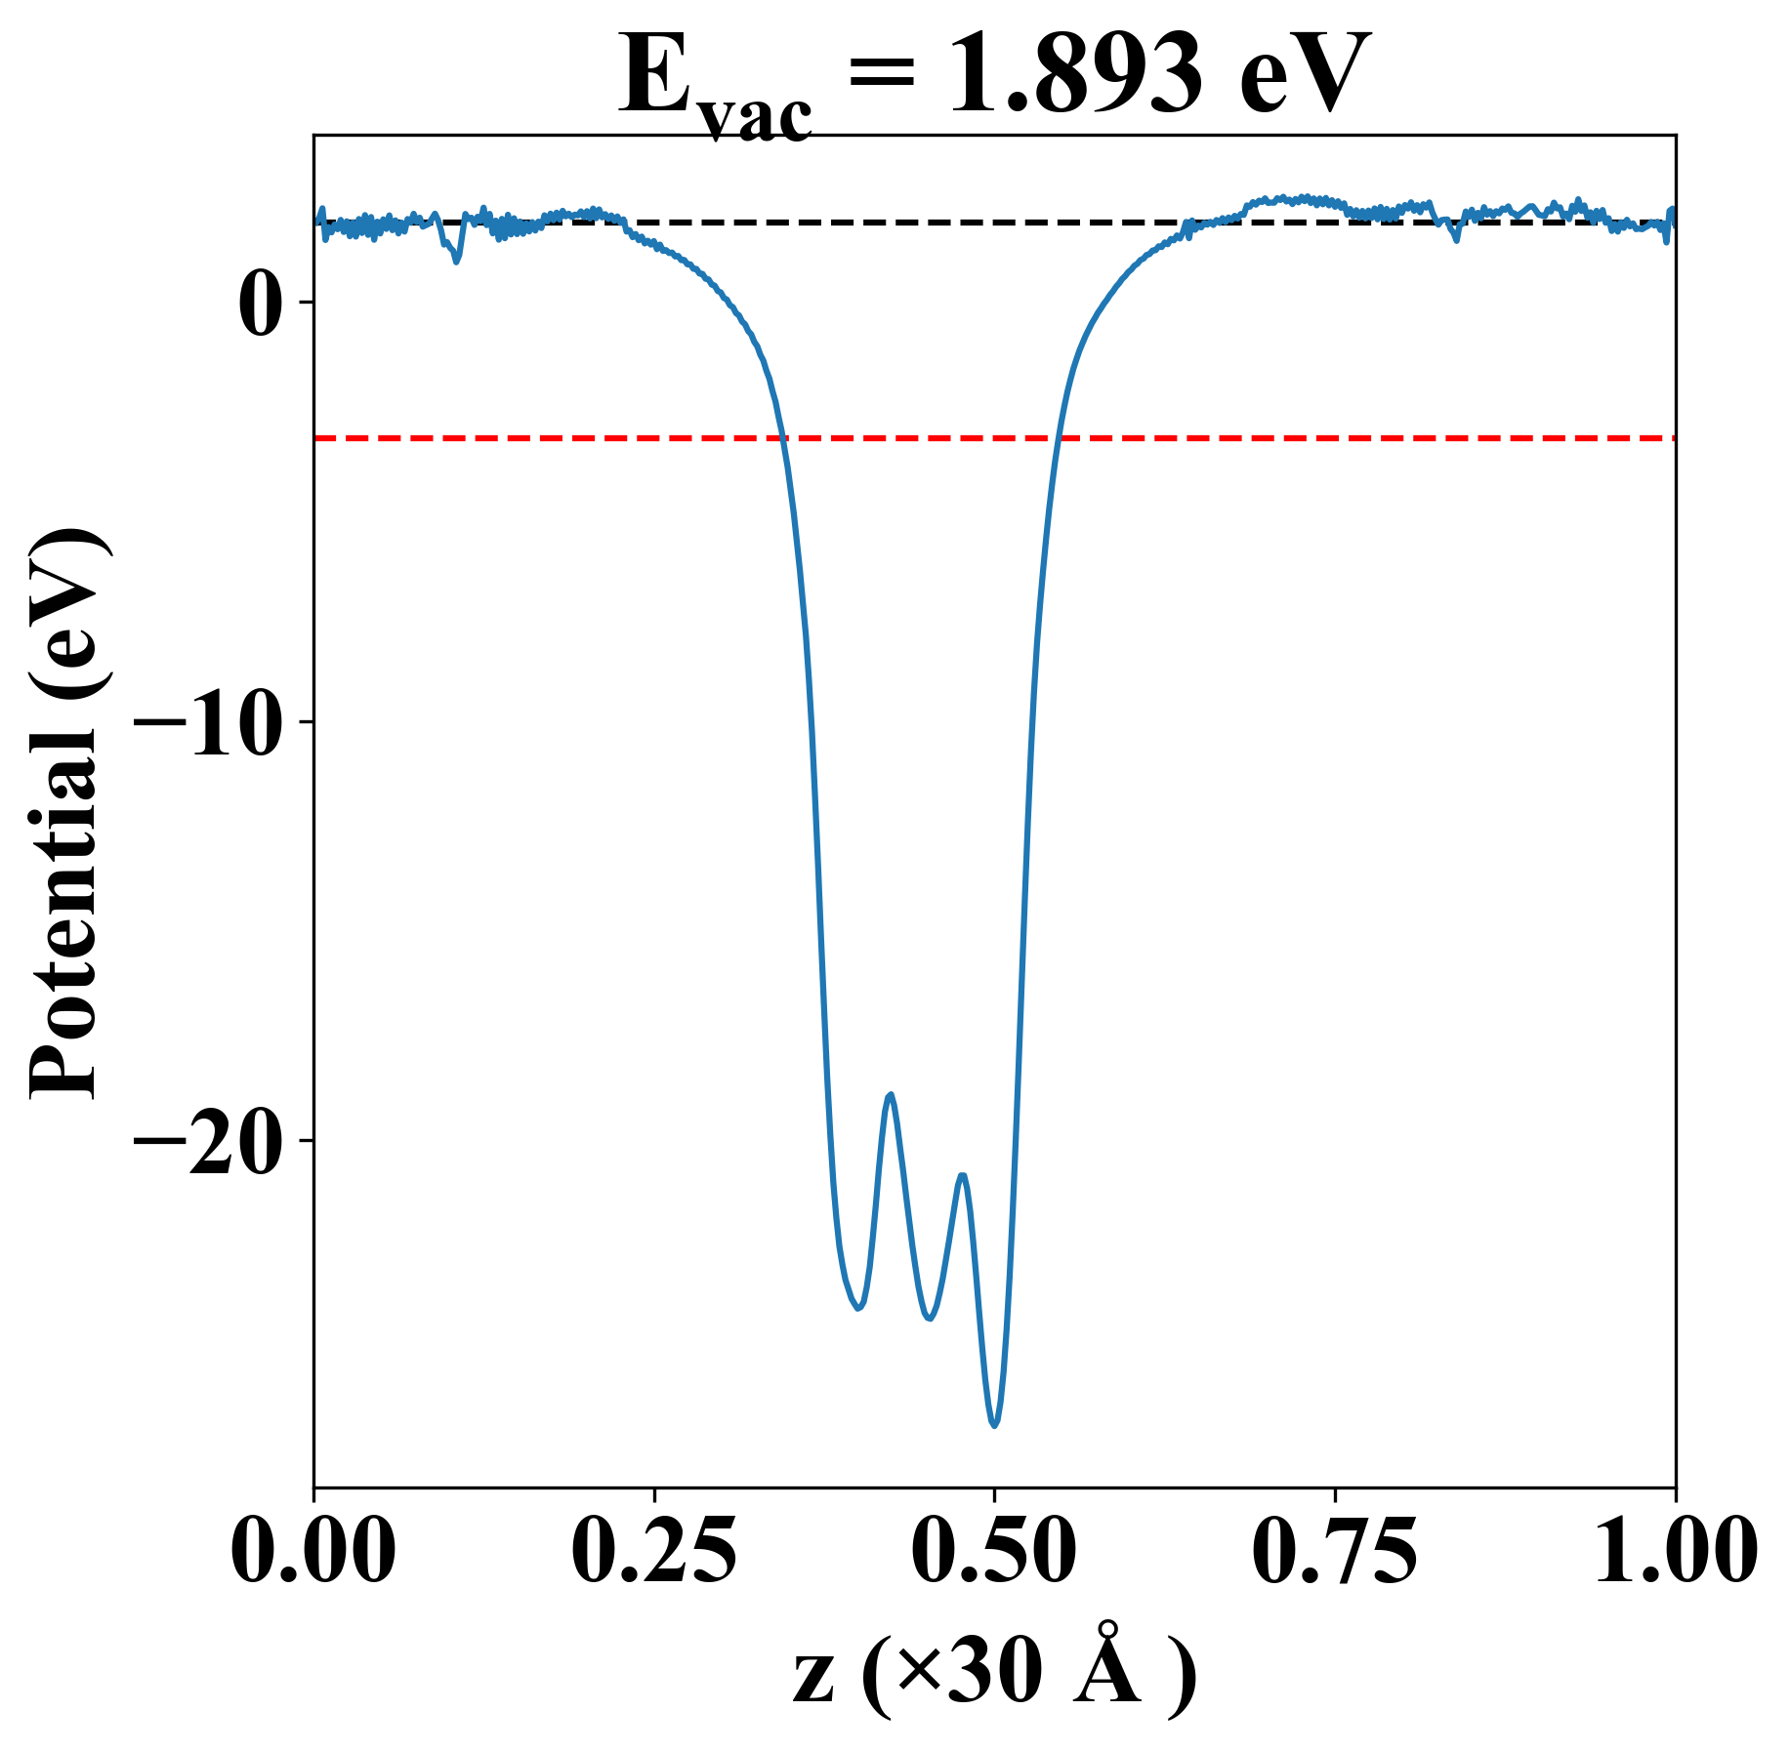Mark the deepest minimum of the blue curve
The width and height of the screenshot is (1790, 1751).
point(994,1426)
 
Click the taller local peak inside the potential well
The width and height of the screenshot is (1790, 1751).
point(890,1095)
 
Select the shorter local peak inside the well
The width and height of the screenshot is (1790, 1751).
point(963,1175)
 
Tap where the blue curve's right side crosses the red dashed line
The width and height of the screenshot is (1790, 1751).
point(1058,438)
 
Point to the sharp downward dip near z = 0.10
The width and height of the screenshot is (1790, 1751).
point(456,261)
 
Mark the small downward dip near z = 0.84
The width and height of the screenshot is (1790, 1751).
point(1456,239)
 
